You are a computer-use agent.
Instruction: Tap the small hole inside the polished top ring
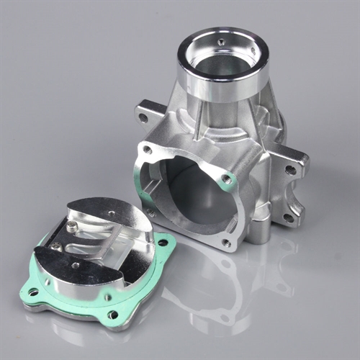[222, 42]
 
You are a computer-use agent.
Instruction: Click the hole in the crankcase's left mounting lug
[143, 116]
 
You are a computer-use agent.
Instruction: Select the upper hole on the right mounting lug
[290, 171]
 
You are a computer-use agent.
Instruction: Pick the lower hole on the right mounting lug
[287, 217]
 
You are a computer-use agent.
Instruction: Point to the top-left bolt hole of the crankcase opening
[148, 150]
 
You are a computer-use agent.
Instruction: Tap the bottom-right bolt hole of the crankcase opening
[227, 243]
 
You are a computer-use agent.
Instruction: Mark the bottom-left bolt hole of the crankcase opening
[150, 212]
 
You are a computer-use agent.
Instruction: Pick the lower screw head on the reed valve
[56, 246]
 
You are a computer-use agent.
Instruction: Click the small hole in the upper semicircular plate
[111, 213]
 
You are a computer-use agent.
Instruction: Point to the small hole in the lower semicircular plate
[75, 264]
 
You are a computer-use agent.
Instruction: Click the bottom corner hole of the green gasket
[112, 314]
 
